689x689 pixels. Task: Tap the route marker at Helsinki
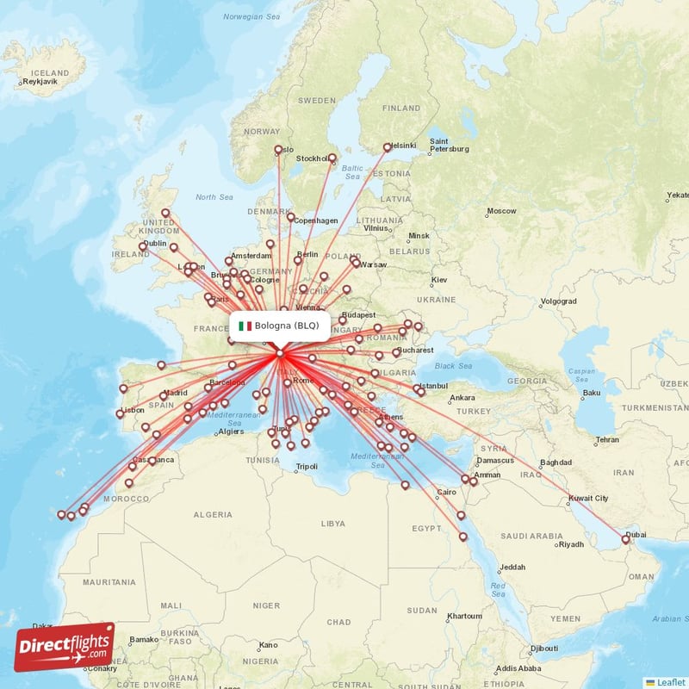tap(387, 147)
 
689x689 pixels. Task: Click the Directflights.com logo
tap(64, 648)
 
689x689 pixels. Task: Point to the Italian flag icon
tap(245, 326)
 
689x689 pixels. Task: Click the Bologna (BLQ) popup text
tap(287, 326)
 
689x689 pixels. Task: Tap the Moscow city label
tap(501, 211)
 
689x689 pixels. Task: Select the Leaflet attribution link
tap(670, 681)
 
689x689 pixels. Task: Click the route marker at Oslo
tap(278, 150)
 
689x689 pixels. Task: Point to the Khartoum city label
tap(464, 616)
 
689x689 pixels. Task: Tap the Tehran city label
tap(607, 439)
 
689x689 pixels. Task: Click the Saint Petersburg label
tap(449, 146)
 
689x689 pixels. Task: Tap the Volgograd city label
tap(558, 301)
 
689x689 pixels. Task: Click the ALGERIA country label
tap(212, 514)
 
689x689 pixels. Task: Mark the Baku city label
tap(591, 393)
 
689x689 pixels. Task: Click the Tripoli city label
tap(307, 467)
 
